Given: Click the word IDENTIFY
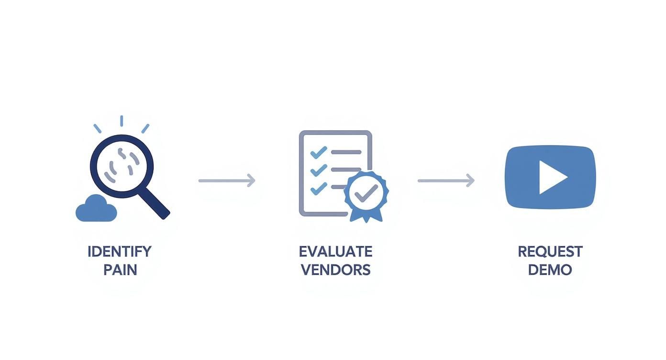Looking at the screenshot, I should tap(119, 251).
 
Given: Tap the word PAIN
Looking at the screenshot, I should tap(120, 270).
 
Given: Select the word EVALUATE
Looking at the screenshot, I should tap(335, 251).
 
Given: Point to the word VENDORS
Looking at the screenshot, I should tap(335, 270).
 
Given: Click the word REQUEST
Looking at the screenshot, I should tap(550, 251).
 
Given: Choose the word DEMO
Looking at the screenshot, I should tap(550, 270).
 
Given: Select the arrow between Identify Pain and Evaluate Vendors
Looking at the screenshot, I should tap(227, 180).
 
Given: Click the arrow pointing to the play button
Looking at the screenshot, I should tap(446, 180).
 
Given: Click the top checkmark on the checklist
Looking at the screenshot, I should tap(318, 152).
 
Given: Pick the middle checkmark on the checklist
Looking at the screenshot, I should tap(318, 170).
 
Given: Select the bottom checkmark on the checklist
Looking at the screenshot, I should tap(318, 188).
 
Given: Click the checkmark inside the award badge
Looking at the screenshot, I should tap(366, 192).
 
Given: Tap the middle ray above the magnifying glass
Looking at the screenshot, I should tap(122, 121).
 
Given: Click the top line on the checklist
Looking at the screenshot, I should tap(346, 152).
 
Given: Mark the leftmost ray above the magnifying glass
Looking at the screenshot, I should tap(97, 128).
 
